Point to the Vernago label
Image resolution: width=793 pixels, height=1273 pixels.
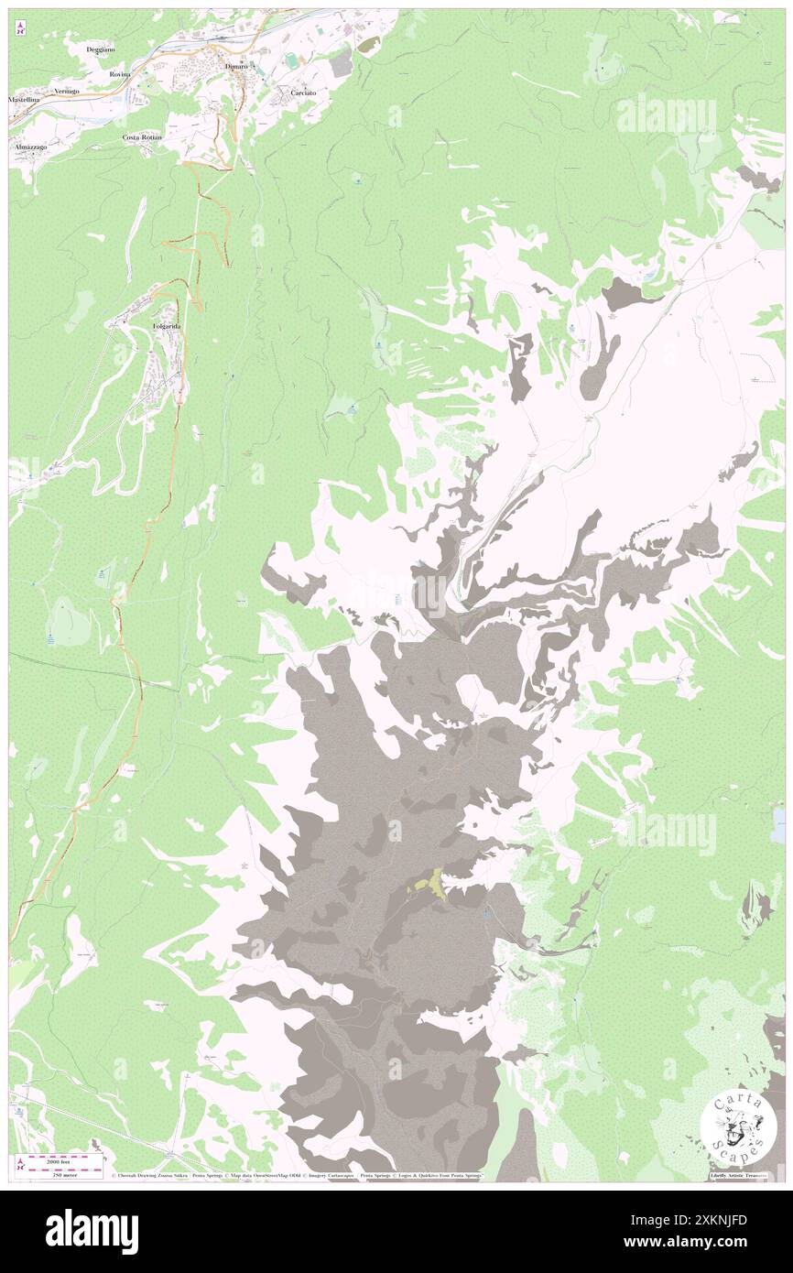(66, 92)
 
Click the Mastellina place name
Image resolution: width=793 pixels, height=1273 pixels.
(25, 99)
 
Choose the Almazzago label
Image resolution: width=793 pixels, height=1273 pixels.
(29, 147)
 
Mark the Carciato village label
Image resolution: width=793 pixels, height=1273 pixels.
(303, 93)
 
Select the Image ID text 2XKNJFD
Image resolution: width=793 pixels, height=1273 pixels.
(722, 1218)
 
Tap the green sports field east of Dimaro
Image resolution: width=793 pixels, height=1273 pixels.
(291, 60)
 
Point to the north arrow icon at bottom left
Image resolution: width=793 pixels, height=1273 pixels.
(20, 1163)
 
